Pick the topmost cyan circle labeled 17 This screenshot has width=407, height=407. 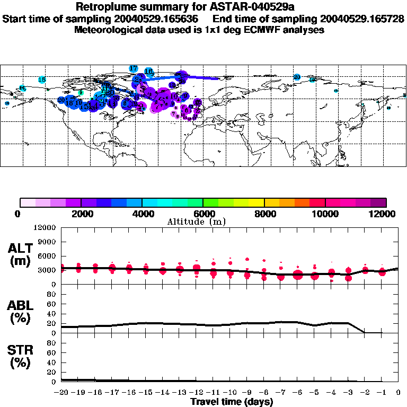pos(134,69)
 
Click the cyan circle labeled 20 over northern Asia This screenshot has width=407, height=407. pos(297,77)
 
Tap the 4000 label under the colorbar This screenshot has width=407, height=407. pos(142,214)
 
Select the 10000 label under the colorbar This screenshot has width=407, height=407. pos(325,214)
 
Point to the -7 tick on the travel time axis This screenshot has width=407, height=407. pos(281,393)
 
